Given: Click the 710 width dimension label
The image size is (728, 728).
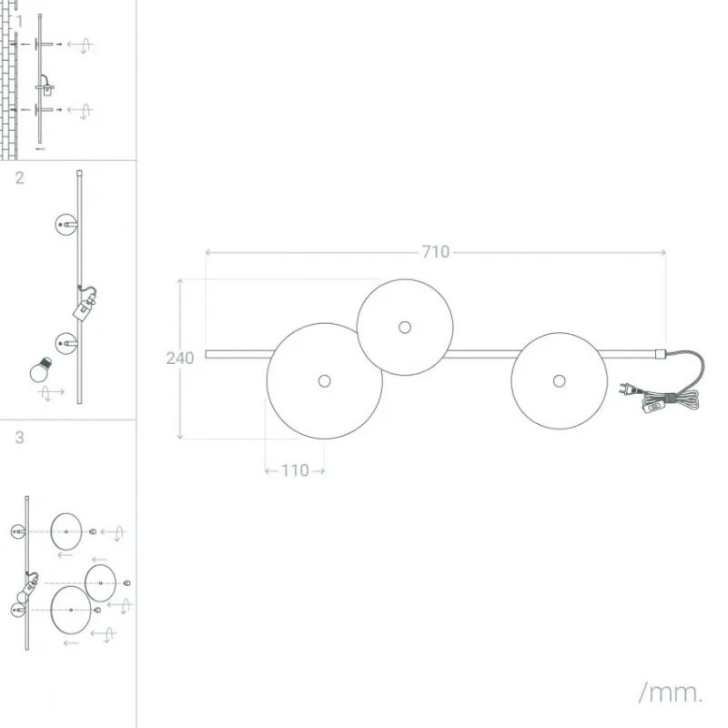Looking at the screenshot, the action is (x=436, y=252).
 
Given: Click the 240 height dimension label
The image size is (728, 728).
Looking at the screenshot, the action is (x=180, y=358).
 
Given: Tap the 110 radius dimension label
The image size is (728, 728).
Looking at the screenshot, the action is (x=295, y=470).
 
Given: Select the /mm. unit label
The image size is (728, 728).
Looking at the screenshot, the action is (x=670, y=693).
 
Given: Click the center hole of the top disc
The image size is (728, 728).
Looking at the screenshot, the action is (x=405, y=328).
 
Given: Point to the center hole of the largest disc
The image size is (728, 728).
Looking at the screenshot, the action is (x=325, y=381).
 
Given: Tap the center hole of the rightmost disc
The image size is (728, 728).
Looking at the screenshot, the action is (x=560, y=381).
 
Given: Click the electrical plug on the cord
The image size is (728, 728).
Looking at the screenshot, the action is (x=627, y=389).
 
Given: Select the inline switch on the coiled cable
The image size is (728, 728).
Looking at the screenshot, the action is (x=653, y=407).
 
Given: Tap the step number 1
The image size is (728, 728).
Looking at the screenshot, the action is (x=19, y=21).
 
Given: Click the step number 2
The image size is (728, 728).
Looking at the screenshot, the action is (x=19, y=177).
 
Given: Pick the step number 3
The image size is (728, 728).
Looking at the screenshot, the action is (x=19, y=438).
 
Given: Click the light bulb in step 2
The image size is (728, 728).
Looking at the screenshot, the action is (x=40, y=369).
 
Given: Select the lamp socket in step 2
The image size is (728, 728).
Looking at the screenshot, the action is (x=85, y=305).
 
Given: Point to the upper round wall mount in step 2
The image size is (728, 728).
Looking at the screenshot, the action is (x=66, y=225).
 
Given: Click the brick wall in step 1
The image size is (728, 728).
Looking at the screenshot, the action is (x=8, y=80).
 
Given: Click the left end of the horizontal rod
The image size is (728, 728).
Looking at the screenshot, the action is (x=207, y=354).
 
